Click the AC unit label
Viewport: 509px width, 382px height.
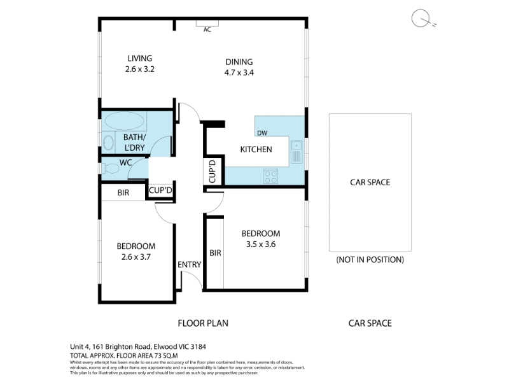pyautogui.click(x=207, y=29)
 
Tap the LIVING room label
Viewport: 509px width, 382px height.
pyautogui.click(x=139, y=58)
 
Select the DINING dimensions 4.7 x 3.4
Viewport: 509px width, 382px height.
pyautogui.click(x=239, y=73)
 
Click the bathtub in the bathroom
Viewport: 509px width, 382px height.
pyautogui.click(x=125, y=121)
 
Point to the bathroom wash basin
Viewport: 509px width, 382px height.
pyautogui.click(x=108, y=142)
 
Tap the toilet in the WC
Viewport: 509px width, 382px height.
pyautogui.click(x=111, y=169)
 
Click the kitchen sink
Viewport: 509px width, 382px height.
pyautogui.click(x=296, y=152)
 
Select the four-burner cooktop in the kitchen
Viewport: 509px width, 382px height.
pyautogui.click(x=270, y=176)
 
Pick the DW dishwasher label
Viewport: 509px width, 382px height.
pyautogui.click(x=262, y=133)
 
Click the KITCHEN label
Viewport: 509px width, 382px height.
pyautogui.click(x=256, y=150)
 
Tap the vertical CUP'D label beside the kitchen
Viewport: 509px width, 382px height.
pyautogui.click(x=213, y=171)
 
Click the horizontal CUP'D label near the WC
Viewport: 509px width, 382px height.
pyautogui.click(x=160, y=190)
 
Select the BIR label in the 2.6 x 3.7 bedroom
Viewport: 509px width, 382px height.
pyautogui.click(x=123, y=193)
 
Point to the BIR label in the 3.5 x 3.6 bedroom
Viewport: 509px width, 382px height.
pyautogui.click(x=215, y=253)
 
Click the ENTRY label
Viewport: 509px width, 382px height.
pyautogui.click(x=189, y=265)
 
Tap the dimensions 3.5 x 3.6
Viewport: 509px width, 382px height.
pyautogui.click(x=261, y=244)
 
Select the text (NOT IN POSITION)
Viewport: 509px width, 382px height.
pyautogui.click(x=370, y=260)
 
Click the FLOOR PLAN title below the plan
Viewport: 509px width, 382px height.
pyautogui.click(x=203, y=323)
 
